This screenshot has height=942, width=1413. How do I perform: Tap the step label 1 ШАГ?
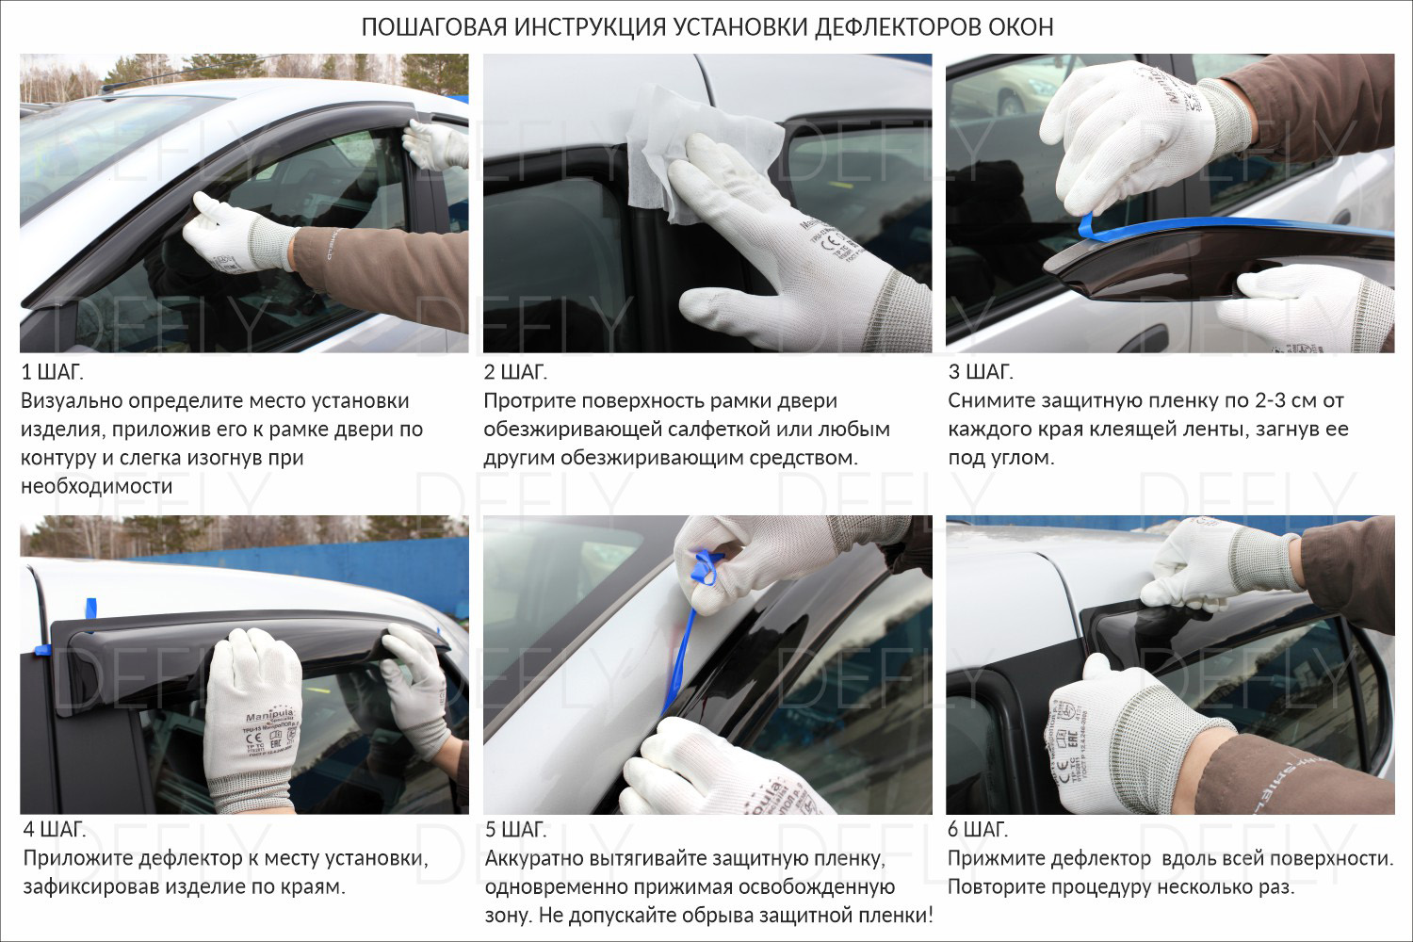point(53,372)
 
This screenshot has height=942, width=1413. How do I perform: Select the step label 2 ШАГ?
point(515,372)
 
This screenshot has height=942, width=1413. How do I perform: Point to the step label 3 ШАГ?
point(981,372)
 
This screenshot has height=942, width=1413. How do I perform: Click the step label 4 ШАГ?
point(55,829)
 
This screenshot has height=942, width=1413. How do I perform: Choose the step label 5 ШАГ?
point(516,830)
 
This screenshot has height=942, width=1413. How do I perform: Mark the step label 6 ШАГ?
point(979,829)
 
